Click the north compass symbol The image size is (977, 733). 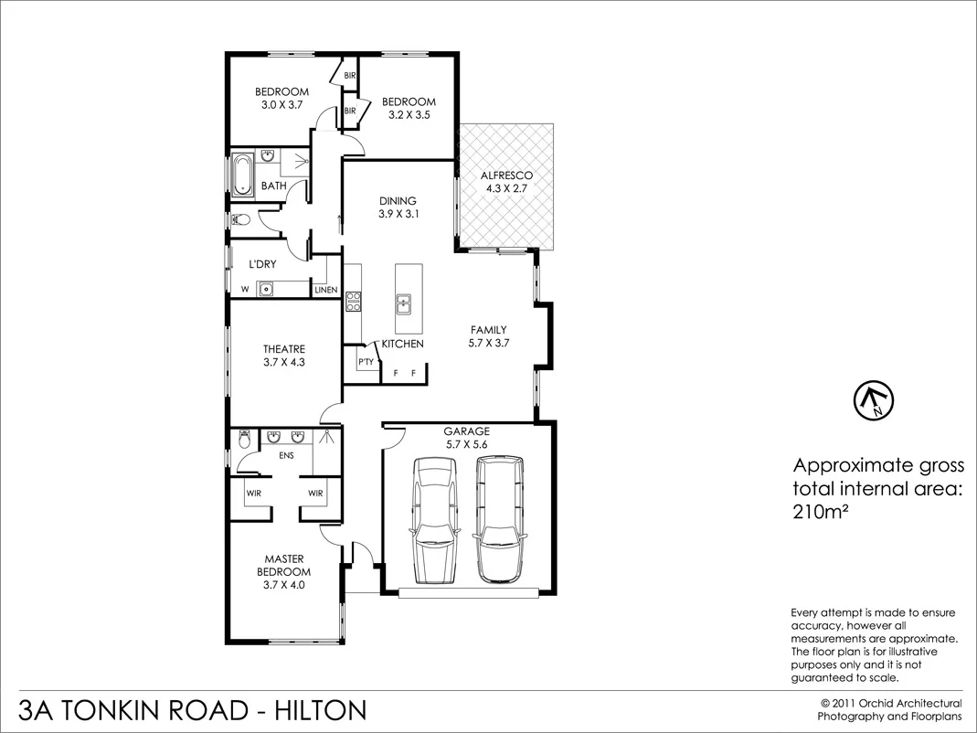(874, 399)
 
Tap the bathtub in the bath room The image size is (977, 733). (242, 175)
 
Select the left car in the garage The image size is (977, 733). (434, 518)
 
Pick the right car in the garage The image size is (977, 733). (497, 518)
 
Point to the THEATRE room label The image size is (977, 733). (284, 349)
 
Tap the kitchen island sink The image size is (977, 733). (402, 301)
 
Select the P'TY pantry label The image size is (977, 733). (366, 363)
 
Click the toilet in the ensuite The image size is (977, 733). (242, 440)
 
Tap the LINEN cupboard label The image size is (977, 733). (326, 291)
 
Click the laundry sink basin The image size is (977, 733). (266, 291)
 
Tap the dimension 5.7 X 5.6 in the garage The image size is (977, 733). (467, 445)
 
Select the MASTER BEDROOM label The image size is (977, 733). (284, 565)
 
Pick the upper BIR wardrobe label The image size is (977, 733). (349, 76)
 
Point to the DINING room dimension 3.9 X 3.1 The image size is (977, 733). (398, 215)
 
